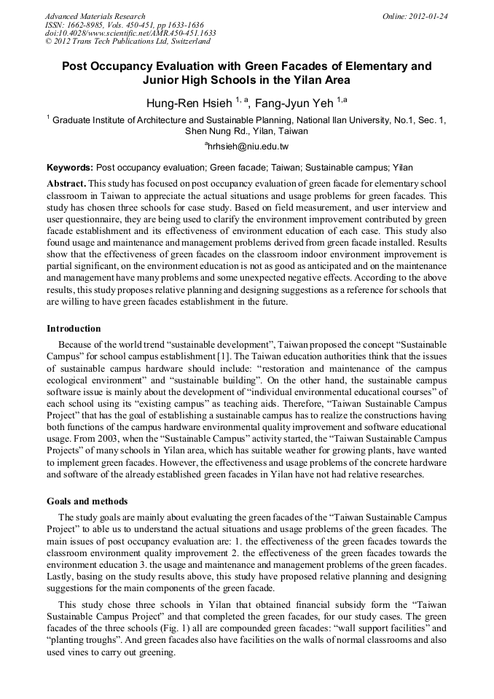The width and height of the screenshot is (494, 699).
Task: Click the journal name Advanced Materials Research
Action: [x=95, y=16]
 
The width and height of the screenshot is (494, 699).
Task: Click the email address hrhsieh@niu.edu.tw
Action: [x=248, y=147]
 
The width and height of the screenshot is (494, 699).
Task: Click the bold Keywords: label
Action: [x=69, y=168]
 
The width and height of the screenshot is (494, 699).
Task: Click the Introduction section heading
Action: [x=74, y=328]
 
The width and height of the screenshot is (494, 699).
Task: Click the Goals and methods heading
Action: [x=87, y=501]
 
